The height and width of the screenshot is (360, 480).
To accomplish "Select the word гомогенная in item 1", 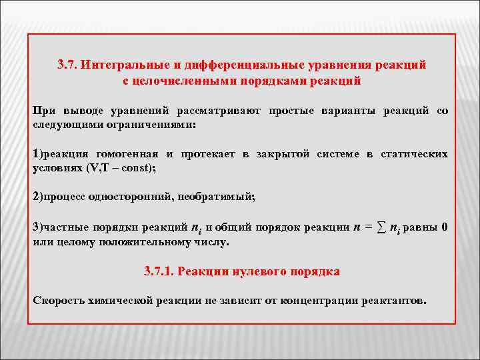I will tap(129, 154).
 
